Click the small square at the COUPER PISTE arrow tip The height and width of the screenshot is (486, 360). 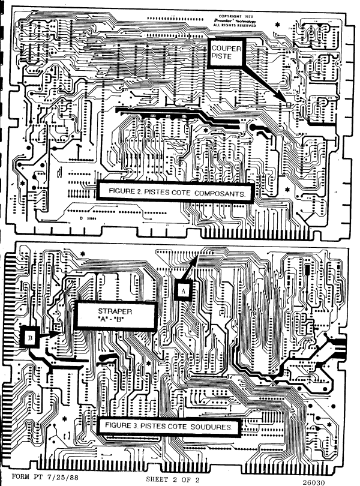click(x=288, y=104)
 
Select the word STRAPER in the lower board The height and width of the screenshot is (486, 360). click(x=112, y=311)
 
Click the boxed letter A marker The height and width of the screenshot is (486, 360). click(x=184, y=290)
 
